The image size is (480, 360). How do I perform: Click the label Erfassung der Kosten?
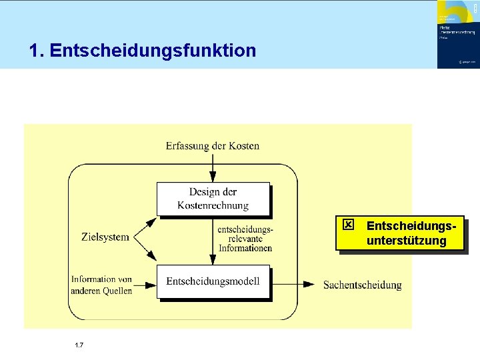[x=213, y=145]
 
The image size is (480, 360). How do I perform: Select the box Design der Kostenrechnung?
[x=213, y=199]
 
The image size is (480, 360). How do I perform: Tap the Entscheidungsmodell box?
[x=213, y=281]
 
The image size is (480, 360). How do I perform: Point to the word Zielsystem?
[x=105, y=237]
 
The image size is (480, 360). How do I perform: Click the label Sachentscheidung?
[x=362, y=285]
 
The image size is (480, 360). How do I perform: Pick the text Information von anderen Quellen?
[x=101, y=285]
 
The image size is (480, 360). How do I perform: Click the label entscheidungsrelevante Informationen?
[x=245, y=239]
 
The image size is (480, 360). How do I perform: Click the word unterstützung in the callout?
[x=406, y=241]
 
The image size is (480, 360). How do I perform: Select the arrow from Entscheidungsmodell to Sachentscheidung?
[x=293, y=284]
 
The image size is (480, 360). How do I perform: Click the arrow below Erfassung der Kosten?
[x=213, y=167]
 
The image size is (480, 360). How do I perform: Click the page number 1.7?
[x=79, y=345]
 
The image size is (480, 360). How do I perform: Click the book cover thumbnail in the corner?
[x=457, y=34]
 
